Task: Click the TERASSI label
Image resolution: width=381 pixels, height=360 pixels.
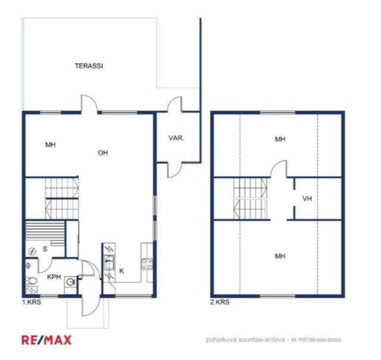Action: pos(89,66)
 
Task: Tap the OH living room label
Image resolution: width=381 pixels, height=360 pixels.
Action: pos(103,153)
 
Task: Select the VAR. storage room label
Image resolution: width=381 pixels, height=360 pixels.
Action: pos(176,138)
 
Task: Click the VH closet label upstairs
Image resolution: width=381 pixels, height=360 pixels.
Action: pos(307,198)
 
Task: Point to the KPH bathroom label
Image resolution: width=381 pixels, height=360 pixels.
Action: pos(54,277)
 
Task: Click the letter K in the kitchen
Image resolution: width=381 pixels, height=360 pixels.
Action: pos(121,271)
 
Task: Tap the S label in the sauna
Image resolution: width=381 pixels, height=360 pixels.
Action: pos(45,249)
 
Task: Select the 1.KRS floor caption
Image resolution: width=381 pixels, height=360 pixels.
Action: pos(32,302)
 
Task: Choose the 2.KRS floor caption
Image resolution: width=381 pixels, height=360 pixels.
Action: pos(220,302)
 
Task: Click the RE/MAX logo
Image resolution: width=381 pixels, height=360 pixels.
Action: pos(46,340)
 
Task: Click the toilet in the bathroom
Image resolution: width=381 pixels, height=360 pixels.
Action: pos(32,281)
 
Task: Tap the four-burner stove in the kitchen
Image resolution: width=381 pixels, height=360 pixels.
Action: pos(147,264)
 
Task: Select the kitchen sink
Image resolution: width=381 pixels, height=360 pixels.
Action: pos(109,263)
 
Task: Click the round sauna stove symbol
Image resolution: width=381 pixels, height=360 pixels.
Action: pos(32,252)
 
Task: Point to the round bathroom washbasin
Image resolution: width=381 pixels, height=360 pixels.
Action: pos(71,282)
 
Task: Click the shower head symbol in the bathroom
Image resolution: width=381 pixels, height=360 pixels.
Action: pos(29,265)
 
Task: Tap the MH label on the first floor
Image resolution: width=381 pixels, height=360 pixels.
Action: pos(51,145)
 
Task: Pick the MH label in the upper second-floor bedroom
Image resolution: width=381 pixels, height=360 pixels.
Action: pos(280,139)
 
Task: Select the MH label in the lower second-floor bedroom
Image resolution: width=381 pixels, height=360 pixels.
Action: pos(280,256)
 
